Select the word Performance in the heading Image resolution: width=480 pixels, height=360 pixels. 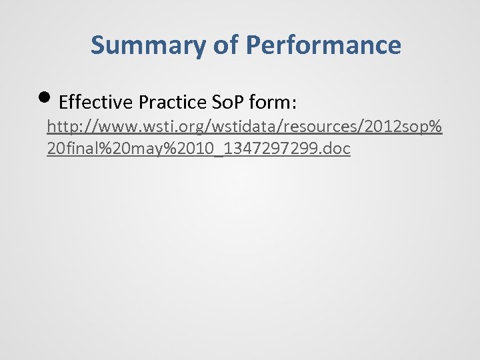[x=323, y=45]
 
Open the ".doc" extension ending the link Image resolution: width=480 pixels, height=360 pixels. [x=335, y=148]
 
